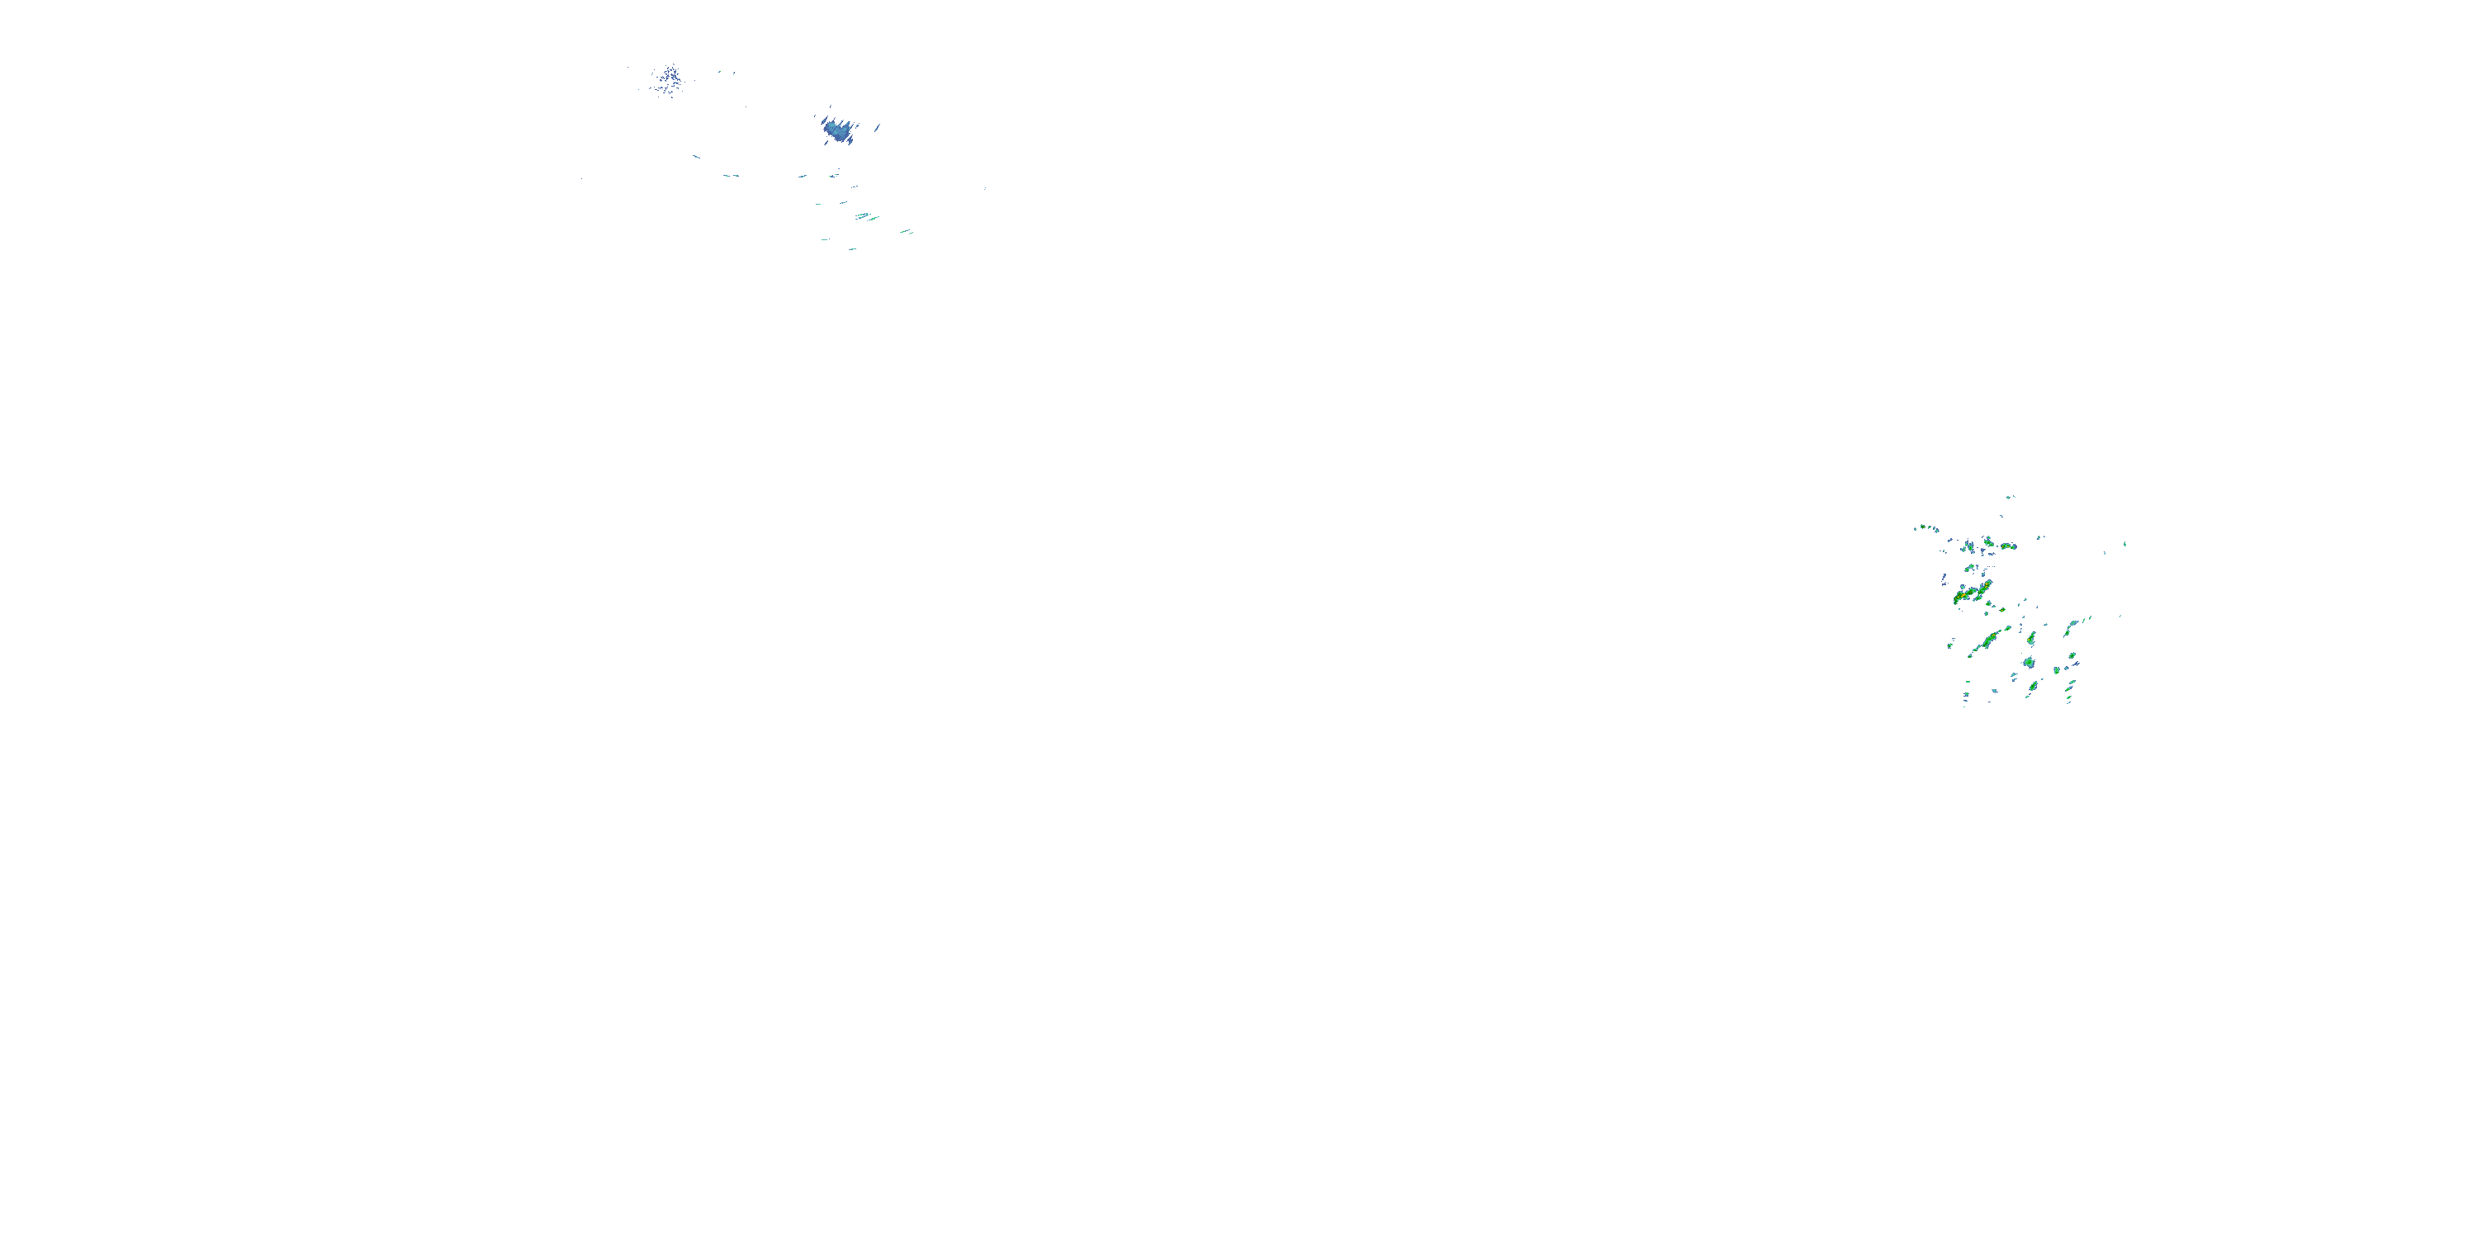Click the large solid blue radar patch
pos(836,129)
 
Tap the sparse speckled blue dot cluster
pos(667,80)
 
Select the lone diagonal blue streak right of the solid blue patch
pos(877,127)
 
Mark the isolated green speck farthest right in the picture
pos(2124,544)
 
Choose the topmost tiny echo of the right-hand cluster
pos(2009,497)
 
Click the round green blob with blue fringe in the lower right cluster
pos(2029,664)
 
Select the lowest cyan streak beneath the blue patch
pos(852,249)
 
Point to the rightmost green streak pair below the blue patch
pos(905,232)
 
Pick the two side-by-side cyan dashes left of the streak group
pos(730,176)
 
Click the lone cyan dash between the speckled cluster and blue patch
pos(695,156)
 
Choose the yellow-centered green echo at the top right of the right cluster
pos(2008,546)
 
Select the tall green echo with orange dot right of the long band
pos(2031,638)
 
